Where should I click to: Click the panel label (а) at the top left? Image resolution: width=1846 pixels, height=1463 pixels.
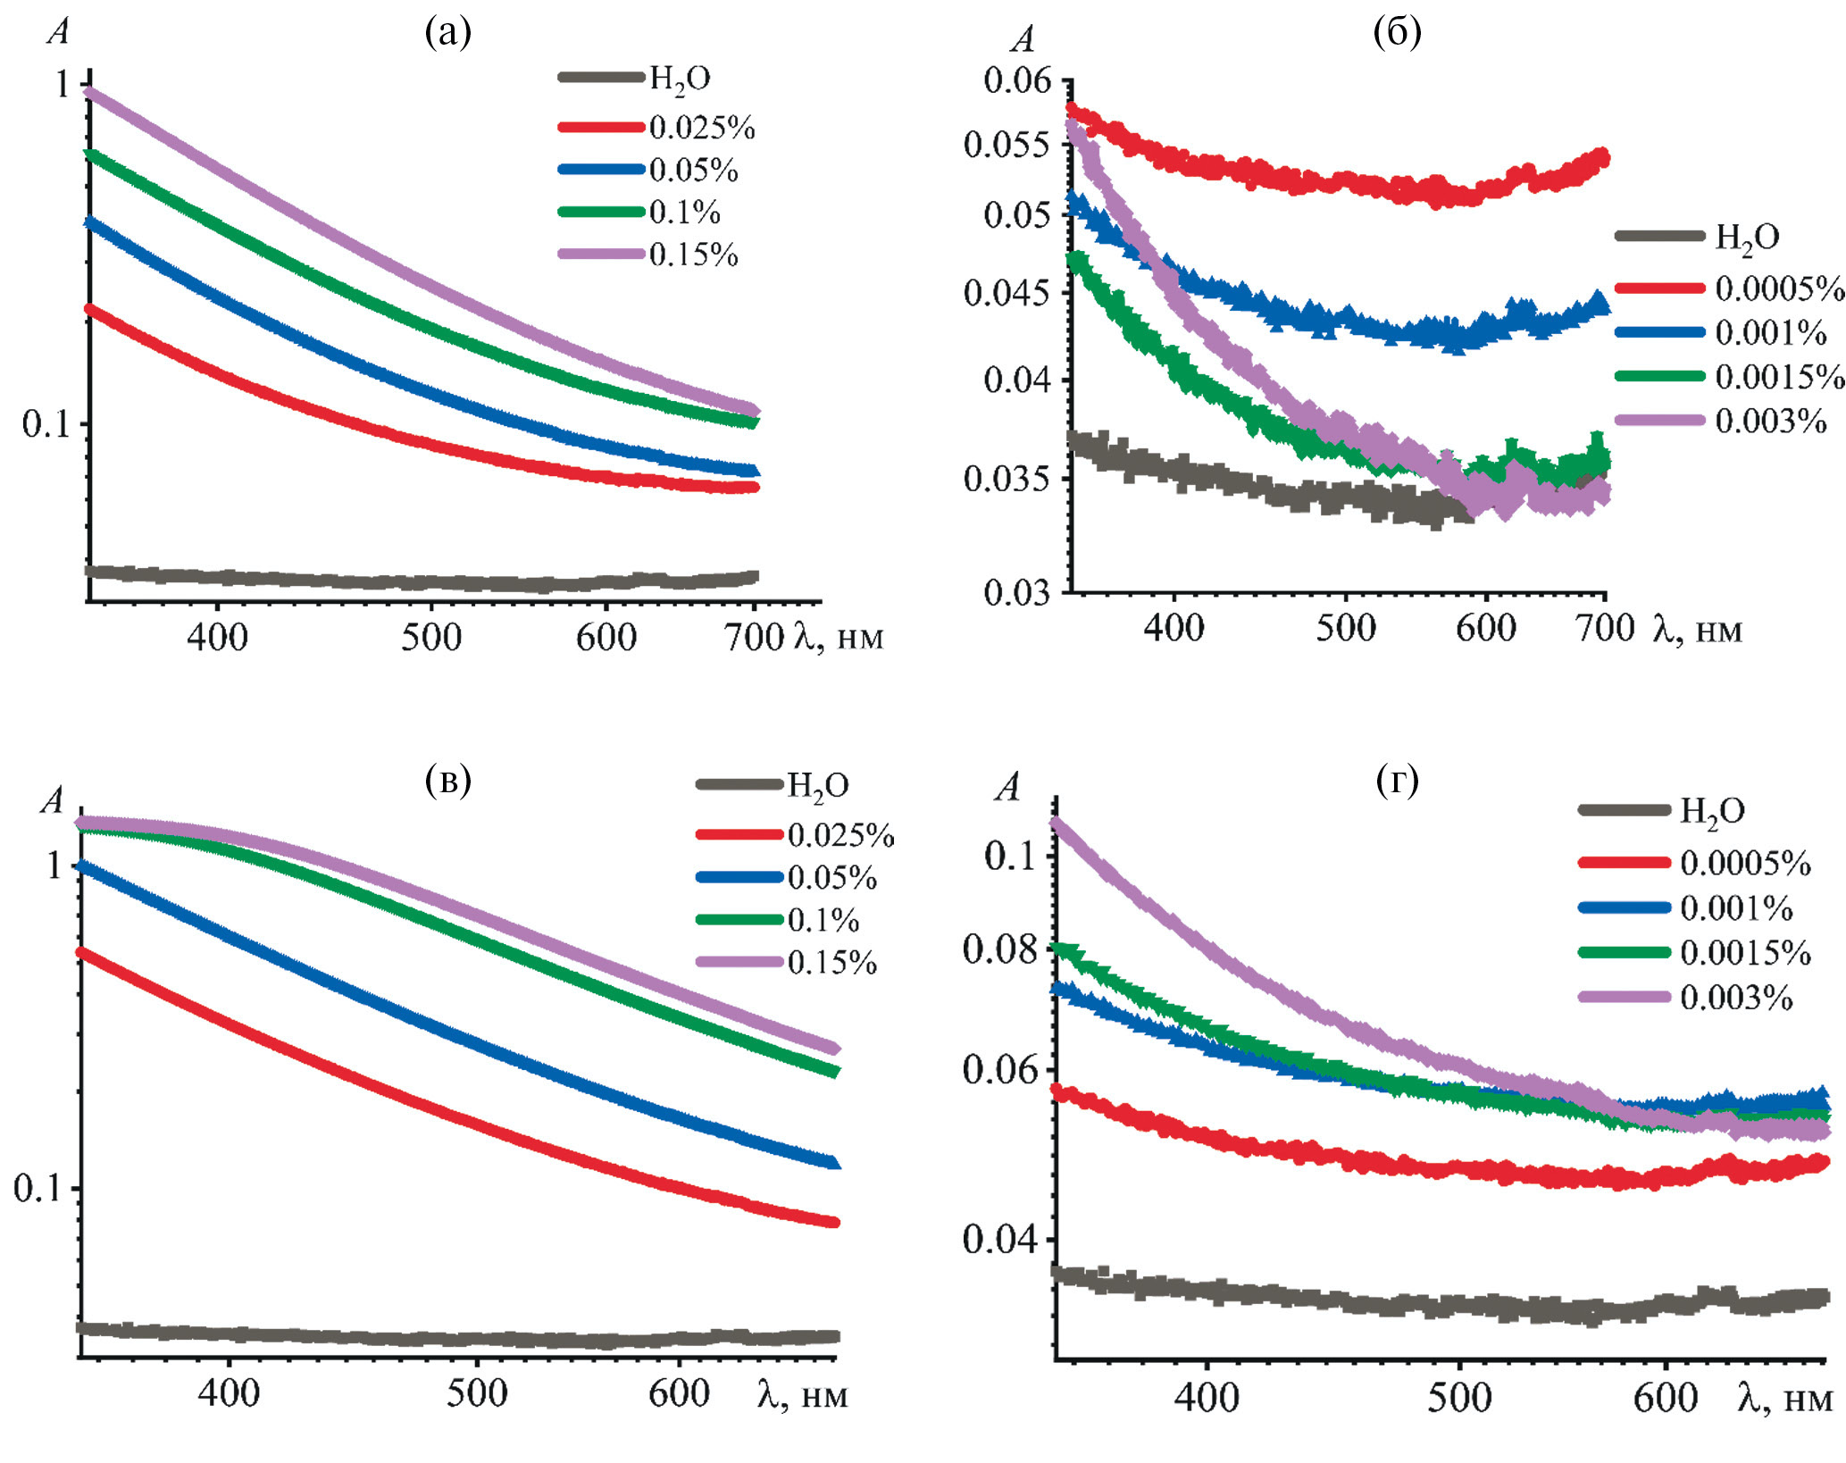448,33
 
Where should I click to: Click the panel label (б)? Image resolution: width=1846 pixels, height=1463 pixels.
1397,33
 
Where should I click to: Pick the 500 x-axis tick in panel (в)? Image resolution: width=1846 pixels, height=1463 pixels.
477,1393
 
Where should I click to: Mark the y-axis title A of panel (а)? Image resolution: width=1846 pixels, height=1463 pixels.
59,32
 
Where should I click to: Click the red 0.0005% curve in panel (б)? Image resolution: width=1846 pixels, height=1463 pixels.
1340,182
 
